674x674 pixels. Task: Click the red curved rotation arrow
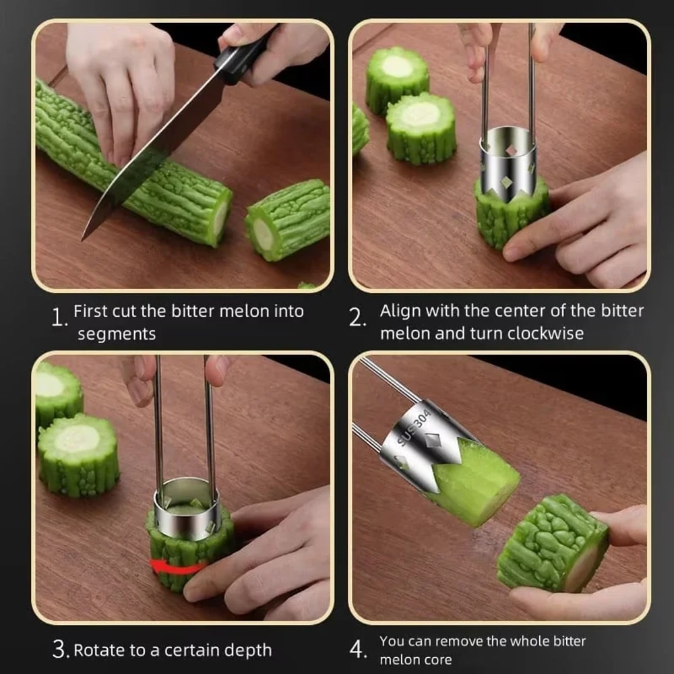click(x=177, y=567)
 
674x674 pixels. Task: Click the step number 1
click(x=59, y=317)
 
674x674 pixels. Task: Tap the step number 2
click(x=357, y=317)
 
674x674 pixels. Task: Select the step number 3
click(x=61, y=650)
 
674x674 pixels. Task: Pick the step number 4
click(x=358, y=650)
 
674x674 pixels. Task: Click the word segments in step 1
click(x=116, y=334)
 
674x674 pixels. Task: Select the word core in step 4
click(x=435, y=659)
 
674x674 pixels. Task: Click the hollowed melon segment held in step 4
click(x=553, y=543)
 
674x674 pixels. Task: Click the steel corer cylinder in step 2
click(x=508, y=158)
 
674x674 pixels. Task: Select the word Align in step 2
click(x=400, y=311)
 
